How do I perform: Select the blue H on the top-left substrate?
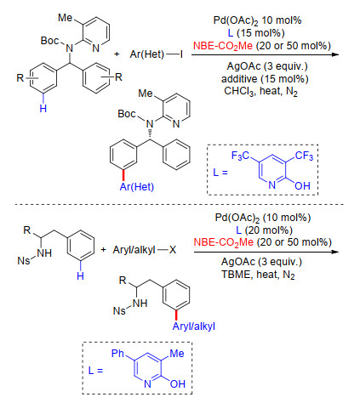point(43,108)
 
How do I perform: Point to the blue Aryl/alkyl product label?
point(194,326)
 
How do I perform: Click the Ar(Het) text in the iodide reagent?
point(147,54)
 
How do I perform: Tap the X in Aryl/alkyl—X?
point(173,250)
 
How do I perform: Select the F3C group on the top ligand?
point(240,156)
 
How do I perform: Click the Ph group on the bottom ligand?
point(118,353)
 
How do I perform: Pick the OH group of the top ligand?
point(302,186)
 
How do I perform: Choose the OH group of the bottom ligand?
point(178,384)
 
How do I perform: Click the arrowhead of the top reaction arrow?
point(335,54)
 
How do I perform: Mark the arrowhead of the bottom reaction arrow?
point(335,252)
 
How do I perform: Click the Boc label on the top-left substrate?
point(49,41)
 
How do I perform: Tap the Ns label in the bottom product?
point(119,311)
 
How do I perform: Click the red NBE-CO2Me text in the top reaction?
point(223,46)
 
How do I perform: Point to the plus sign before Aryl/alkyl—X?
point(103,250)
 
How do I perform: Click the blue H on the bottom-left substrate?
point(80,275)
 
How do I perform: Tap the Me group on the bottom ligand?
point(177,353)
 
